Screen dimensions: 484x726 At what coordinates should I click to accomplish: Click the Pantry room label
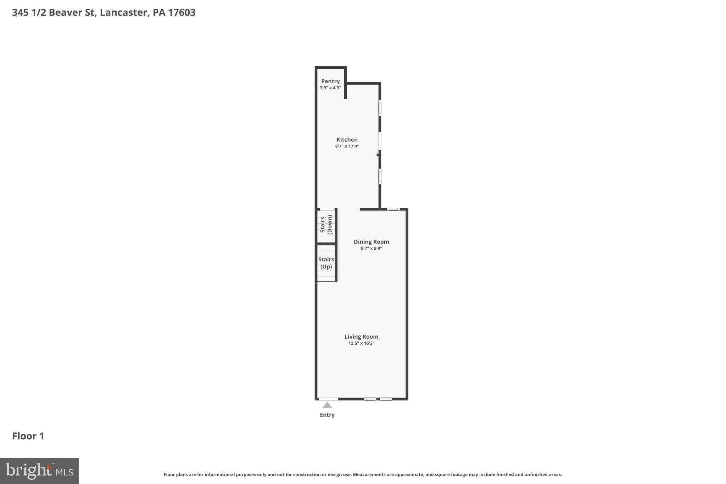tap(330, 81)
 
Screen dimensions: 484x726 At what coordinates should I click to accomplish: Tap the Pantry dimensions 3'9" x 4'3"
tap(330, 88)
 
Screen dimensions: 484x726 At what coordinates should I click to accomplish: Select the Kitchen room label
tap(347, 140)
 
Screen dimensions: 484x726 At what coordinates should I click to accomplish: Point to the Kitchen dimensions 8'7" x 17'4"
tap(347, 146)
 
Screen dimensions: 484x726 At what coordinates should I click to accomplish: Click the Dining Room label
tap(371, 242)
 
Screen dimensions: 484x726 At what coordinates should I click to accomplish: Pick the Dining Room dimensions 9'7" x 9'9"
tap(371, 248)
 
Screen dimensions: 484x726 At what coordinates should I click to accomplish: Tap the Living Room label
tap(361, 337)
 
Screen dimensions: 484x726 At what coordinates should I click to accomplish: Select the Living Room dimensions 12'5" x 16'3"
tap(361, 343)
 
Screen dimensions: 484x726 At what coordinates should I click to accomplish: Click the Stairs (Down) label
tap(326, 225)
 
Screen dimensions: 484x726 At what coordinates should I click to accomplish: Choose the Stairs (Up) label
tap(326, 263)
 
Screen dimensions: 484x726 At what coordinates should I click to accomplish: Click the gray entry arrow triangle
tap(327, 405)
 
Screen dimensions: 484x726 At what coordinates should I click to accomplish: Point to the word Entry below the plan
tap(327, 415)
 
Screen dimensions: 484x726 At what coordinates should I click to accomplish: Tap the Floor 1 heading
tap(28, 436)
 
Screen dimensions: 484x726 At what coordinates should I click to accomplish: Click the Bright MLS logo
tap(39, 471)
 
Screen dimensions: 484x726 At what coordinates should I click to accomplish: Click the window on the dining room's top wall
tap(393, 209)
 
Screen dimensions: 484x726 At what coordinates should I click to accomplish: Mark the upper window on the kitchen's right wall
tap(380, 108)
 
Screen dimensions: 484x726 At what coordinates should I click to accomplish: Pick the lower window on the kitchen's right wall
tap(380, 176)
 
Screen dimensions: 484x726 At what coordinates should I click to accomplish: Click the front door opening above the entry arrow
tap(328, 399)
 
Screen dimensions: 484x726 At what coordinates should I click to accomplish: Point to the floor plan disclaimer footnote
tap(363, 474)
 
